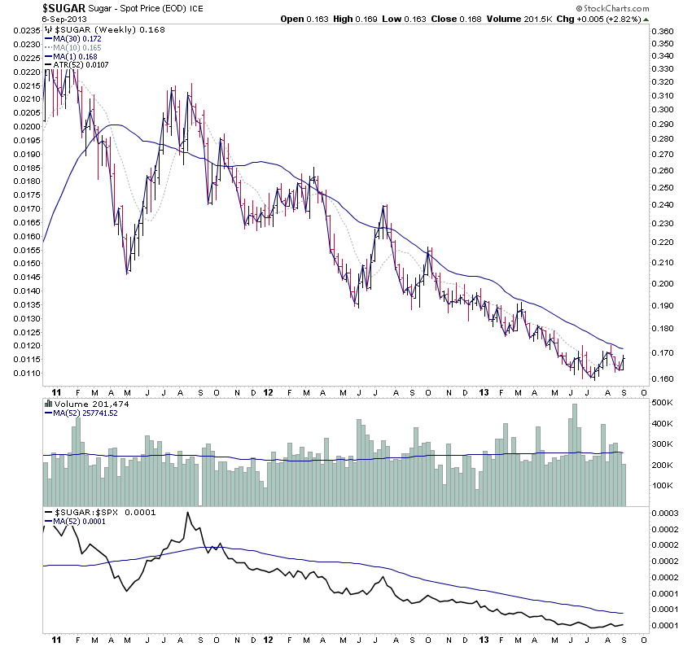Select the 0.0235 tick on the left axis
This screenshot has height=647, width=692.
(25, 31)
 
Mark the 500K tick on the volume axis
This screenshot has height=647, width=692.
(661, 403)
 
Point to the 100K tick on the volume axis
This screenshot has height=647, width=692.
(661, 485)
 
